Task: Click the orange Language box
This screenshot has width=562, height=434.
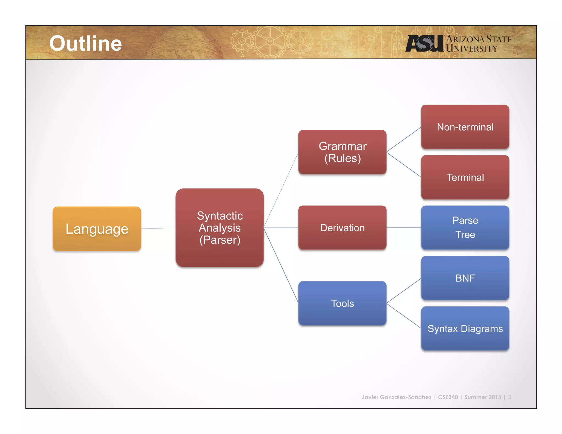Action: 97,229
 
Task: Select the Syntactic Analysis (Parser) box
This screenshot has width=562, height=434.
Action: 220,228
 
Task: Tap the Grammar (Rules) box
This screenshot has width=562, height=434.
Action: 342,152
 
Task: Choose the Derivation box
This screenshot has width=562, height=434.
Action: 342,228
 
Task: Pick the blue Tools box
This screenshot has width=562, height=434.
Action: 342,303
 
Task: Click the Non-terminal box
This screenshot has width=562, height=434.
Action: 465,127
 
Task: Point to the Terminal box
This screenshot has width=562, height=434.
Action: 465,177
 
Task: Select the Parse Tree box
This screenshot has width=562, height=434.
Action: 465,227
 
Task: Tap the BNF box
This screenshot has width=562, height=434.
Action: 465,278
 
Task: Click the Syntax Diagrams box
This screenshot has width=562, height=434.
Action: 465,328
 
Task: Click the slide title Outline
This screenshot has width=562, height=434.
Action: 85,43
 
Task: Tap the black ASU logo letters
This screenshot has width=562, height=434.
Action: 424,43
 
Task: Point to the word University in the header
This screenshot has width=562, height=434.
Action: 471,49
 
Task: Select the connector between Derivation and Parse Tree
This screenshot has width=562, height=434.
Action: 404,228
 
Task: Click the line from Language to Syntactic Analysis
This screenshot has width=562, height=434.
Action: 158,228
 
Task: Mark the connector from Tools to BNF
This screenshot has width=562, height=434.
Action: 404,291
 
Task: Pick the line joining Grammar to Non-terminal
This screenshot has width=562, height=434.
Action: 404,139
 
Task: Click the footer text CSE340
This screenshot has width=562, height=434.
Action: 448,397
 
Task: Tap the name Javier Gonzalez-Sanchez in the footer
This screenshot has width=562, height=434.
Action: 397,397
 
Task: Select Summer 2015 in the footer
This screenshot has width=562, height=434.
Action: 483,397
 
